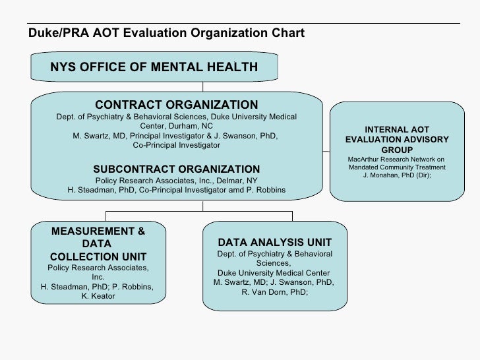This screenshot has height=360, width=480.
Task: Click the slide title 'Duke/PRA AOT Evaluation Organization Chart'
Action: point(166,32)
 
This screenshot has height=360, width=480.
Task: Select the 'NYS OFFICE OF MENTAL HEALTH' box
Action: point(154,67)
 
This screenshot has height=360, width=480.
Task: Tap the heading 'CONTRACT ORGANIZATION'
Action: point(177,105)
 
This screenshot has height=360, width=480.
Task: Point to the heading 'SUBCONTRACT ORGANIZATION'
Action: point(177,169)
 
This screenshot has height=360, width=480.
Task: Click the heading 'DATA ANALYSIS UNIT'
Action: point(274,243)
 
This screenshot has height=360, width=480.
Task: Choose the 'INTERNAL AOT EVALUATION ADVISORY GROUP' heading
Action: point(397,140)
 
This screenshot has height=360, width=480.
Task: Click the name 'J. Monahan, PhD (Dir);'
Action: point(397,175)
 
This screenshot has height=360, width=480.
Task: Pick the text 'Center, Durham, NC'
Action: point(177,126)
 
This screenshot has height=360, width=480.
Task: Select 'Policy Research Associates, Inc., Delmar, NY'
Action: point(177,181)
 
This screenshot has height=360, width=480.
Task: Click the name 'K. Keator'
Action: point(98,296)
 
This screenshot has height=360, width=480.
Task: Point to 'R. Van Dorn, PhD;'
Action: point(274,292)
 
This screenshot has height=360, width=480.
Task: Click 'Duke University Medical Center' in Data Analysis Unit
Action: point(274,273)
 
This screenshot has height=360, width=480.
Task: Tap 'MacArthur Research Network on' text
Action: point(397,160)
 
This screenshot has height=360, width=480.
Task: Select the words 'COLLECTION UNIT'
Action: point(98,256)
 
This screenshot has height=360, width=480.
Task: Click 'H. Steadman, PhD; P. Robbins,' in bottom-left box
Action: point(98,287)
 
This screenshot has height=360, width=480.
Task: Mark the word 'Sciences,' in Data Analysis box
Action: point(274,264)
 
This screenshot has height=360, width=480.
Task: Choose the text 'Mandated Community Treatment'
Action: point(397,167)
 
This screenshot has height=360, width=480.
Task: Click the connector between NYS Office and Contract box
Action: point(203,86)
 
